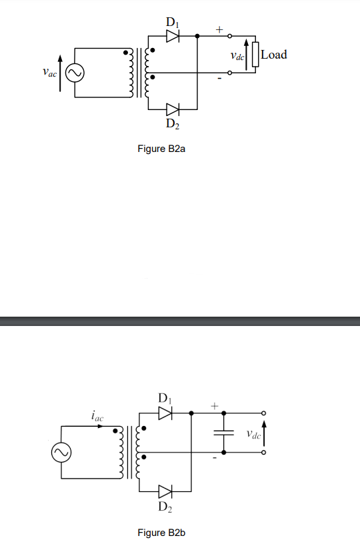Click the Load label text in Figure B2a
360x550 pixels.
(274, 55)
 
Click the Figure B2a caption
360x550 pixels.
(161, 149)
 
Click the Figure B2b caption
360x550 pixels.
(161, 533)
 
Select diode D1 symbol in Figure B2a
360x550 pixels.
(172, 36)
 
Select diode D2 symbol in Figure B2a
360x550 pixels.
(172, 108)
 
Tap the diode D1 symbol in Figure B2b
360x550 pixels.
(165, 413)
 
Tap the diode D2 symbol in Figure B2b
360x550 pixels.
(165, 492)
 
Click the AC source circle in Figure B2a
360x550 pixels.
(73, 73)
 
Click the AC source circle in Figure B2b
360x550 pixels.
(60, 453)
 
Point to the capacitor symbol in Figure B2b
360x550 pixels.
(223, 433)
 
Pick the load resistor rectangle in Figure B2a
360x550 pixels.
(255, 55)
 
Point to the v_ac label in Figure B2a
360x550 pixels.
(47, 71)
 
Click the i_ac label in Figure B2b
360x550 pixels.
(97, 416)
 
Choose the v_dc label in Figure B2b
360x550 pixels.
(253, 435)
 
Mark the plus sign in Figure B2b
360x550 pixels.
(215, 405)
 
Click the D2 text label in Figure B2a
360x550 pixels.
(172, 123)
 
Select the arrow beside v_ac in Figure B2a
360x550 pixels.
(61, 73)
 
